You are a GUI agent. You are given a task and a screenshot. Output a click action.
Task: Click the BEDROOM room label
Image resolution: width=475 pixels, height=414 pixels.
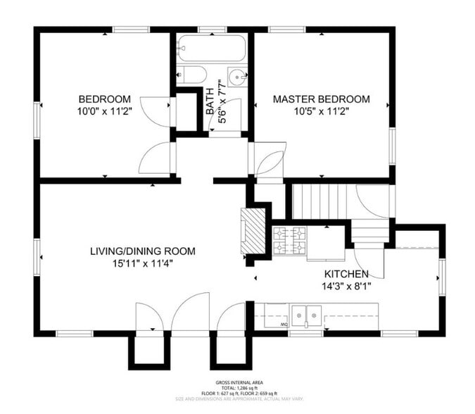pos(104,99)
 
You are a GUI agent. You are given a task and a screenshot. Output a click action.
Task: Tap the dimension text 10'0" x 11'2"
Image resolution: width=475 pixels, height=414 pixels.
pos(104,111)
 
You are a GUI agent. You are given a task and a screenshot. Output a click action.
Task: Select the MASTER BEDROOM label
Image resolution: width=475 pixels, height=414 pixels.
pos(321,99)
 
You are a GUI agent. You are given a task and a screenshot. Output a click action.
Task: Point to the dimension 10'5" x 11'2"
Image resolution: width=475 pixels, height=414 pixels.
pos(321,111)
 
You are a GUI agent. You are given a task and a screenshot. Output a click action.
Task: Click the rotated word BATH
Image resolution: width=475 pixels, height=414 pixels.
pos(209,101)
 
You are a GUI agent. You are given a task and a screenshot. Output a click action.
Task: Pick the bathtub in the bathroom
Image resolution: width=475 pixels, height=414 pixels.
pos(211,49)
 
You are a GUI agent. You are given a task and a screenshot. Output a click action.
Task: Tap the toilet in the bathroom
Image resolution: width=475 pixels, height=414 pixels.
pos(192,74)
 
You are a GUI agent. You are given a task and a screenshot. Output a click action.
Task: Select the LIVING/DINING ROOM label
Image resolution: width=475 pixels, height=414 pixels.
pos(142,251)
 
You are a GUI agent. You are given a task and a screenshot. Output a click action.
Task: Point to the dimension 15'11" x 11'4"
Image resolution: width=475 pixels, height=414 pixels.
pos(142,263)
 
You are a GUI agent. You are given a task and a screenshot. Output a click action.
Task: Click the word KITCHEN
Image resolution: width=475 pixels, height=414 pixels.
pos(346,274)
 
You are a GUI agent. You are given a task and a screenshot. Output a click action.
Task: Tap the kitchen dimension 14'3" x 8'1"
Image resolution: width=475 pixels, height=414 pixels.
pos(346,286)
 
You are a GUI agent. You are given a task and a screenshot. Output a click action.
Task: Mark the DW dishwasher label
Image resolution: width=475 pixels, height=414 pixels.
pos(284,325)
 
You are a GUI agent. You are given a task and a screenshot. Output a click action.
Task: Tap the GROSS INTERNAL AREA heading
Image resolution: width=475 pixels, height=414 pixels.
pos(237,382)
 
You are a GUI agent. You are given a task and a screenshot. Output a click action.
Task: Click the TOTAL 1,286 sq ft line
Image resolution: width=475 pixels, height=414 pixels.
pos(237,388)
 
